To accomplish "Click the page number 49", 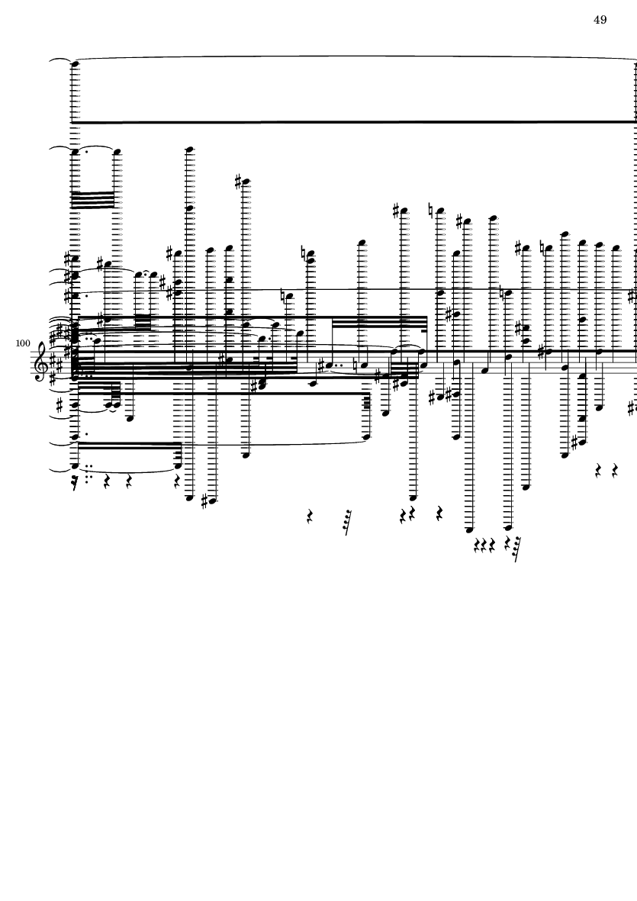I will (600, 20).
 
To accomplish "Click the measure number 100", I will (22, 344).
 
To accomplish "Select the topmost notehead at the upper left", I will (75, 64).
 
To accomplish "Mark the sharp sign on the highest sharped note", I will (239, 182).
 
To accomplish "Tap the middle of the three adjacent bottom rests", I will (484, 545).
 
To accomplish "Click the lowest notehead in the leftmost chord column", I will (75, 465).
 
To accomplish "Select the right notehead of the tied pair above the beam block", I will (117, 152).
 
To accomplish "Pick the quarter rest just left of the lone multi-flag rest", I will (310, 517).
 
